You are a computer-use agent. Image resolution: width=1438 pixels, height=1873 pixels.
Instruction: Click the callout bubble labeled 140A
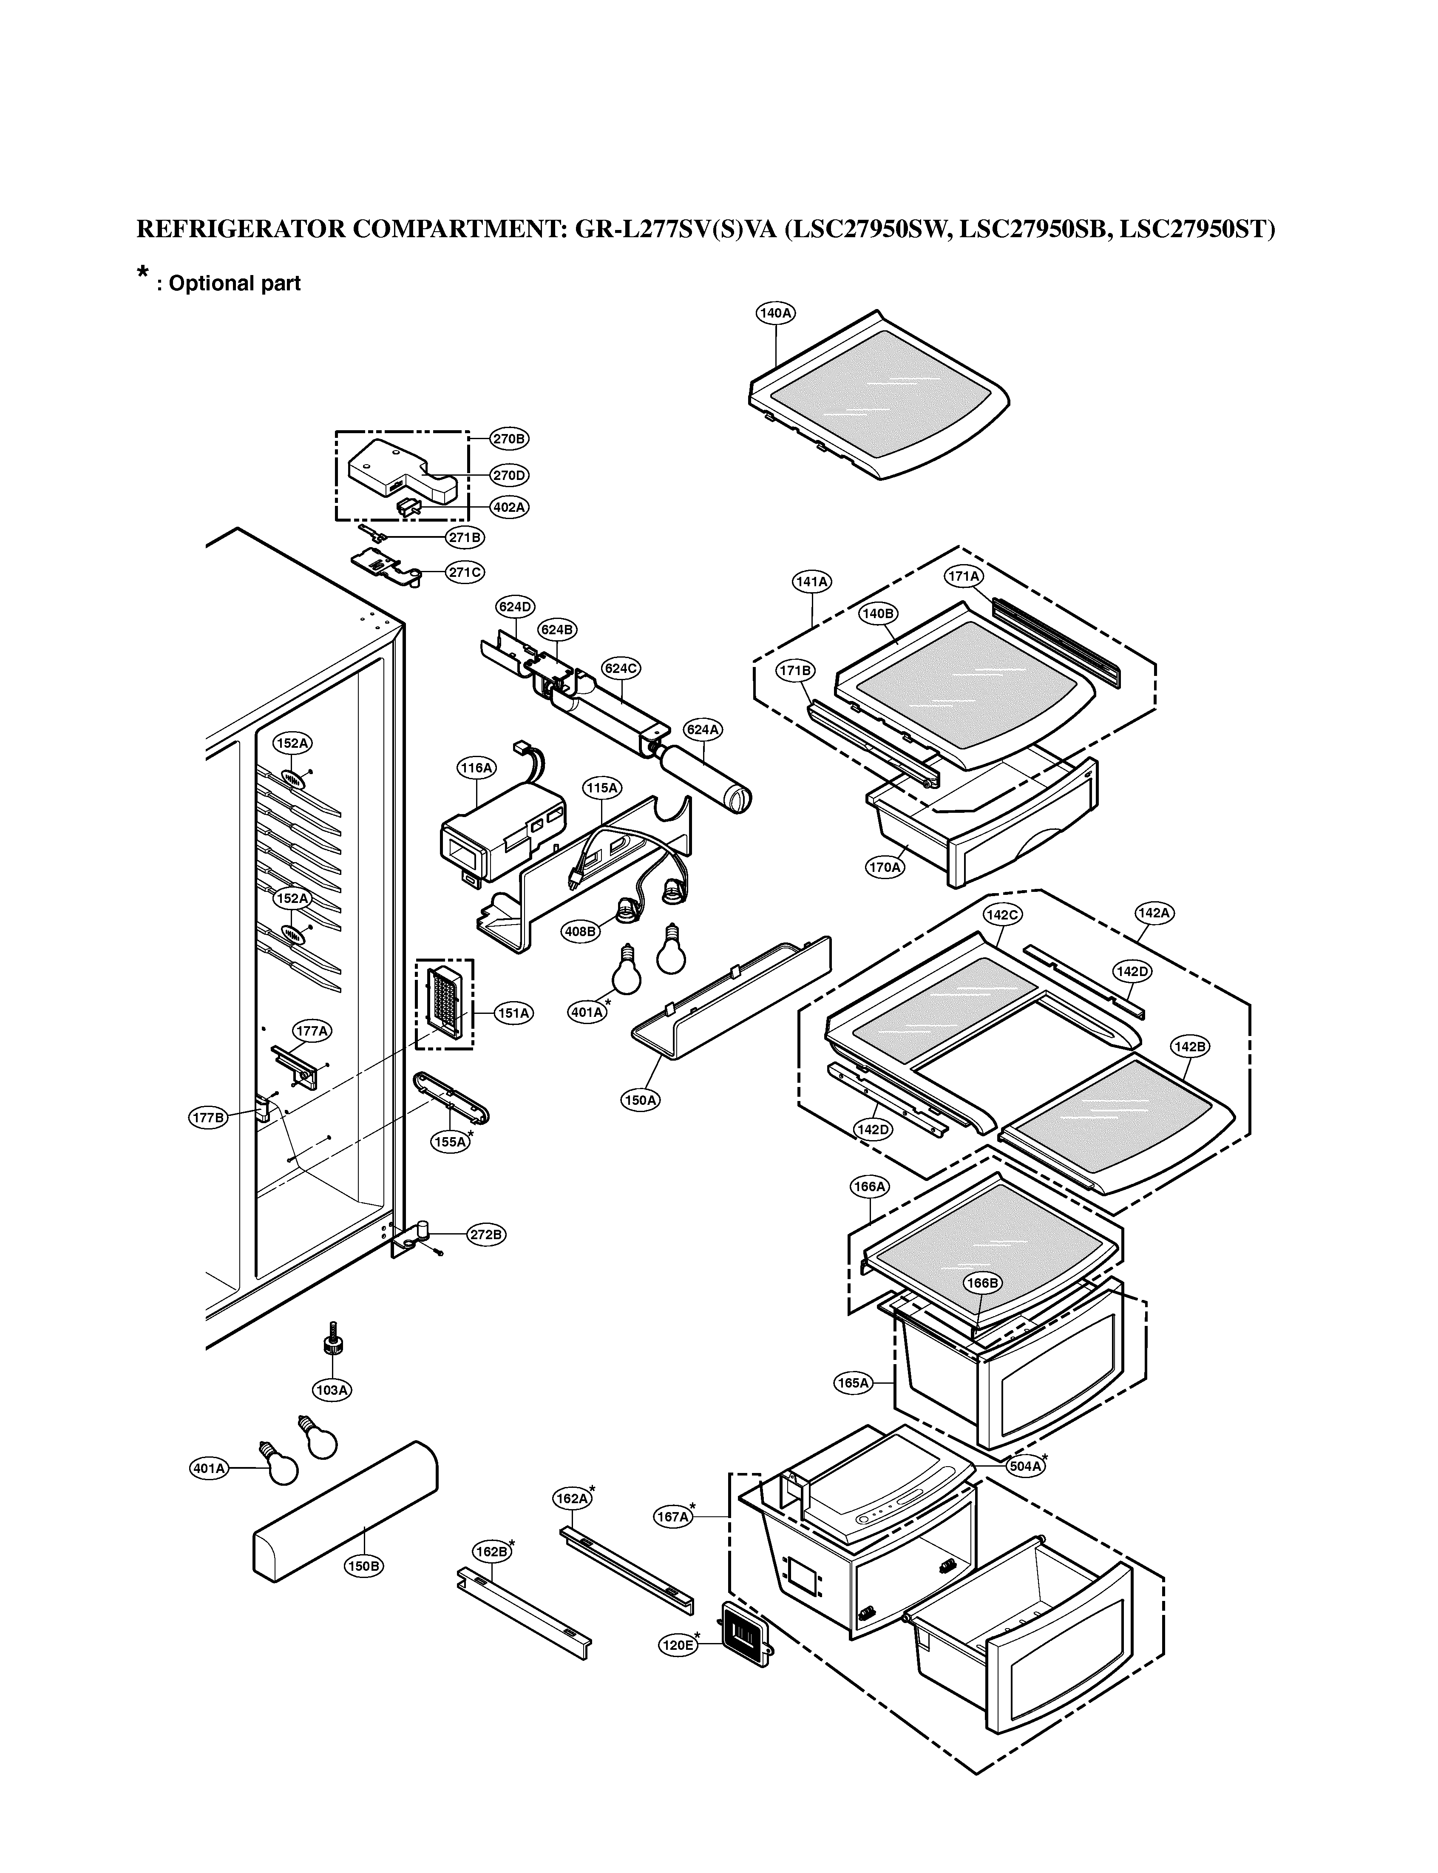[775, 313]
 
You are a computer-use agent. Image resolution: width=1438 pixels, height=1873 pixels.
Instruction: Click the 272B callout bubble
[486, 1234]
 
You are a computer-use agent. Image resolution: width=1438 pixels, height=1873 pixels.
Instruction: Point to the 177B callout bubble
[208, 1117]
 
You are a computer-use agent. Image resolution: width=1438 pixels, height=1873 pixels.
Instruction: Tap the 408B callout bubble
[579, 931]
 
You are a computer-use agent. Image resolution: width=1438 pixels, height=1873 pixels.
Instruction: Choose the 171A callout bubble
[964, 577]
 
